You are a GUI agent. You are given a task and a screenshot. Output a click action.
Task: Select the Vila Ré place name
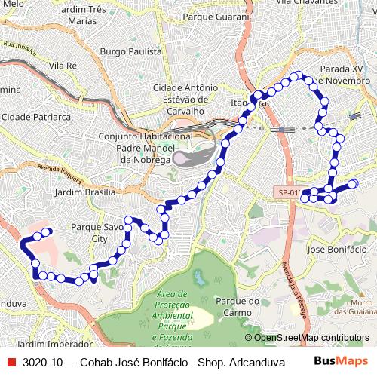pyautogui.click(x=63, y=66)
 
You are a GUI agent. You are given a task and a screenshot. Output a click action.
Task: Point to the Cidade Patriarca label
pyautogui.click(x=36, y=118)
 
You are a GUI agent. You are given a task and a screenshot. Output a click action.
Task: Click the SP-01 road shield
pyautogui.click(x=288, y=193)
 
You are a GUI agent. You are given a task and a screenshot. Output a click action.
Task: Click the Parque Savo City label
pyautogui.click(x=97, y=231)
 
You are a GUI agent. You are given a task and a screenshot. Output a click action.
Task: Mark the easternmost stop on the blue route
pyautogui.click(x=353, y=183)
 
